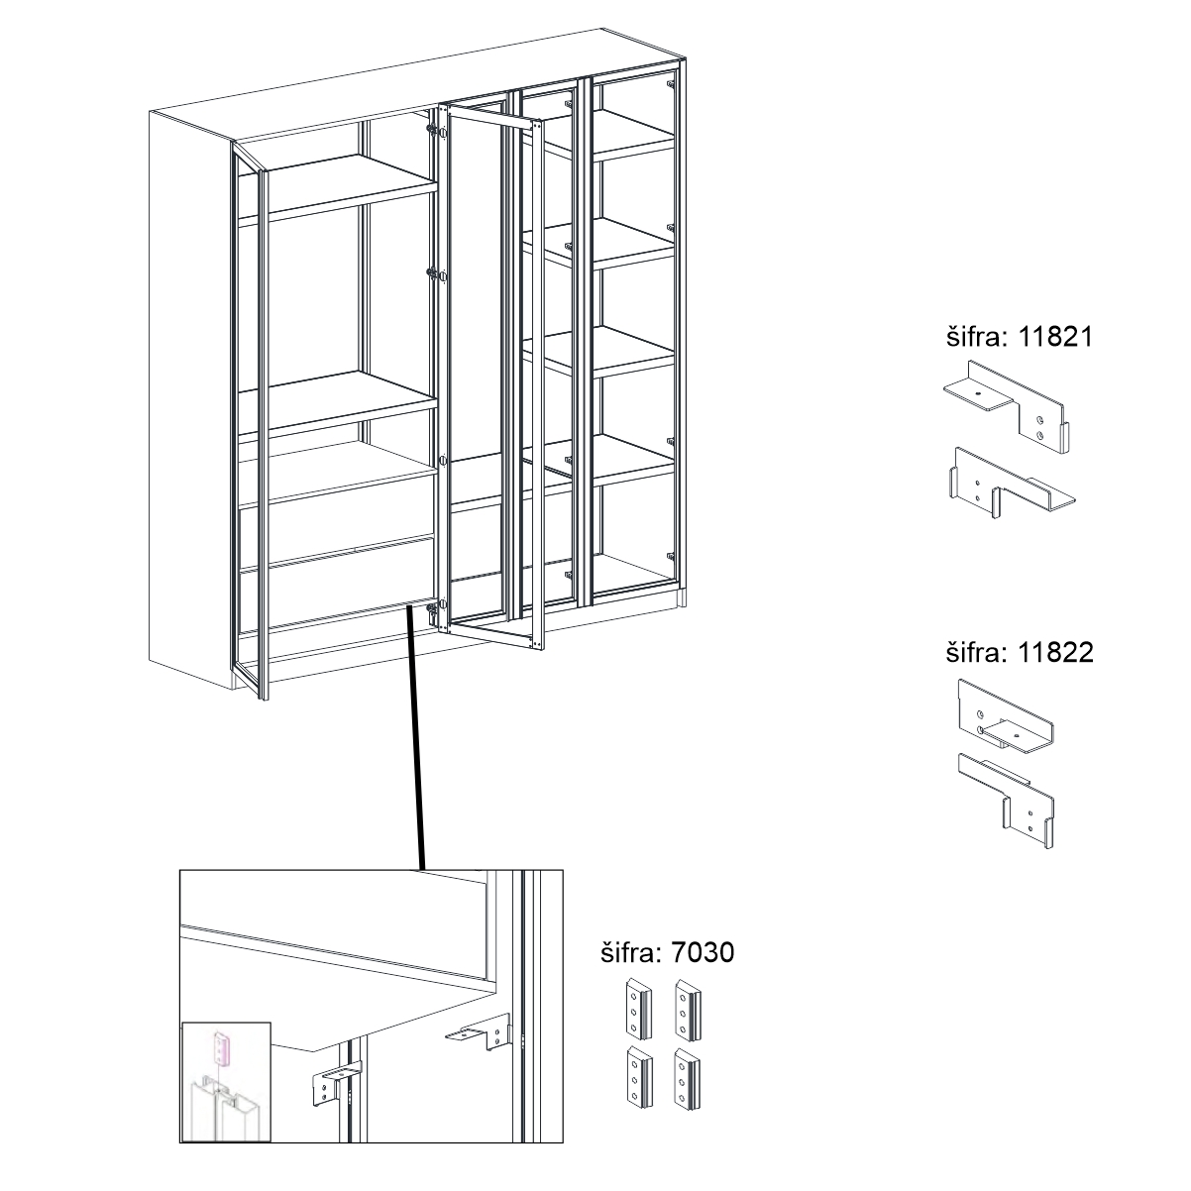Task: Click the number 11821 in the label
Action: pos(1055,338)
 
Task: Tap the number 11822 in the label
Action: pos(1055,653)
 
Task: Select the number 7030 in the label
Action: pos(703,952)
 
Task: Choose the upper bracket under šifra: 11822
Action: pos(1005,717)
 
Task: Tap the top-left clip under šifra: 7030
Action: pos(638,1010)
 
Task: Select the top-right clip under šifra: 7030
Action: pos(688,1011)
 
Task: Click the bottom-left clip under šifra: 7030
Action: pos(638,1077)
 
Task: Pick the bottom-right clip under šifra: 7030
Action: pos(688,1079)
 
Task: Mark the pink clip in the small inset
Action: pos(222,1048)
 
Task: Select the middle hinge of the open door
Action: pos(438,275)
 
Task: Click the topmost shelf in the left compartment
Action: pos(338,186)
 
